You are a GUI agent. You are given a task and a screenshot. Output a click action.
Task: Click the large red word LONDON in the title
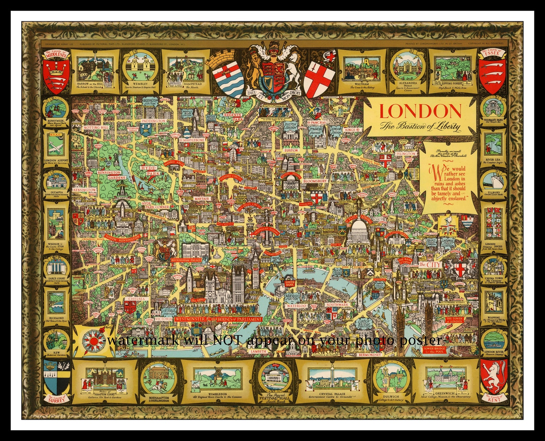[420, 111]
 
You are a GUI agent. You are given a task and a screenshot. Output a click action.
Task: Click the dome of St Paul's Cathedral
[359, 229]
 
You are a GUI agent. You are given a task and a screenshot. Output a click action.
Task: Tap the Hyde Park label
[149, 170]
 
